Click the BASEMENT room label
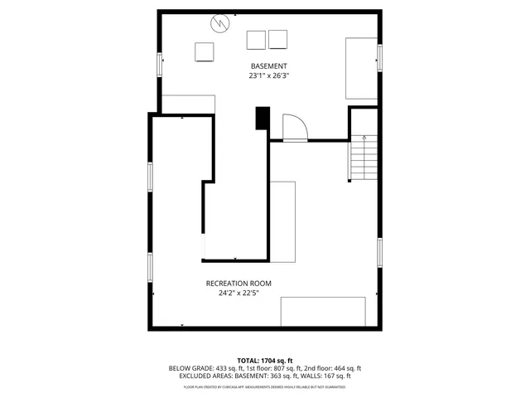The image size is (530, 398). (269, 66)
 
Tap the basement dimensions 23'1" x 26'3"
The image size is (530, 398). (269, 75)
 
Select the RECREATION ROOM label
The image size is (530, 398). (238, 284)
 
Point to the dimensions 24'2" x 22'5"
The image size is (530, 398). (238, 293)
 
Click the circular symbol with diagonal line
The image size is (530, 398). (220, 23)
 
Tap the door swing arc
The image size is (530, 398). (296, 127)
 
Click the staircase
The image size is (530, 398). (363, 158)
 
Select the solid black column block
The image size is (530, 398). (263, 119)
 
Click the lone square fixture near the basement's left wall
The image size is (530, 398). (205, 52)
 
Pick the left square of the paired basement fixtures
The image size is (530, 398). (257, 39)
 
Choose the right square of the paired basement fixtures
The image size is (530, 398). (278, 39)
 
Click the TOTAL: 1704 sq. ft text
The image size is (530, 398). (265, 361)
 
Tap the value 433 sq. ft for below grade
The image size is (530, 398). (228, 368)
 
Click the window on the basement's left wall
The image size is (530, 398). (160, 66)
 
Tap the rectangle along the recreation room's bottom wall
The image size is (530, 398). (324, 312)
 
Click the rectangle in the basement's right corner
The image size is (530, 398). (361, 68)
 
